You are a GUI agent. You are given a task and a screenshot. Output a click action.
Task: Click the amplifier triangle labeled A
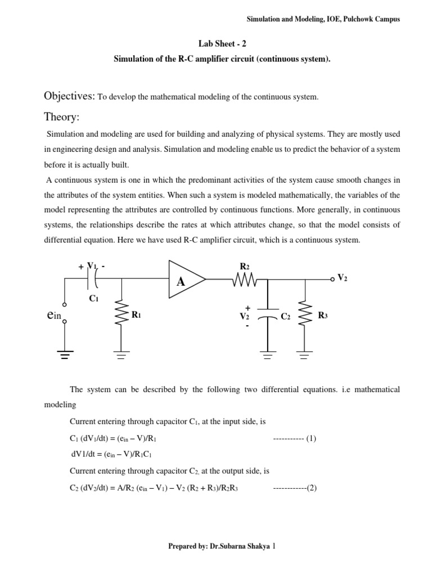coord(184,278)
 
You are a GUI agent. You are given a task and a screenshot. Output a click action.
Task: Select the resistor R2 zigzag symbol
coord(243,278)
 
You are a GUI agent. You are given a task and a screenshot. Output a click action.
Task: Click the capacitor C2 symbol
coord(267,317)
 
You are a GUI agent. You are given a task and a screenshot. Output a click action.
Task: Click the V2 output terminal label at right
coord(343,278)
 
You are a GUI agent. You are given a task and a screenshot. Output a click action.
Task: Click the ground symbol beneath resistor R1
coord(120,354)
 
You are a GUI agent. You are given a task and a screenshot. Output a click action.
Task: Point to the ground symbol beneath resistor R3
coord(305,354)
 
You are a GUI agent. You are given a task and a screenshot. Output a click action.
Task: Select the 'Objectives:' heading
coord(70,96)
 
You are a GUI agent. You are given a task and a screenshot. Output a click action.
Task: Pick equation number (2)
coord(311,488)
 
